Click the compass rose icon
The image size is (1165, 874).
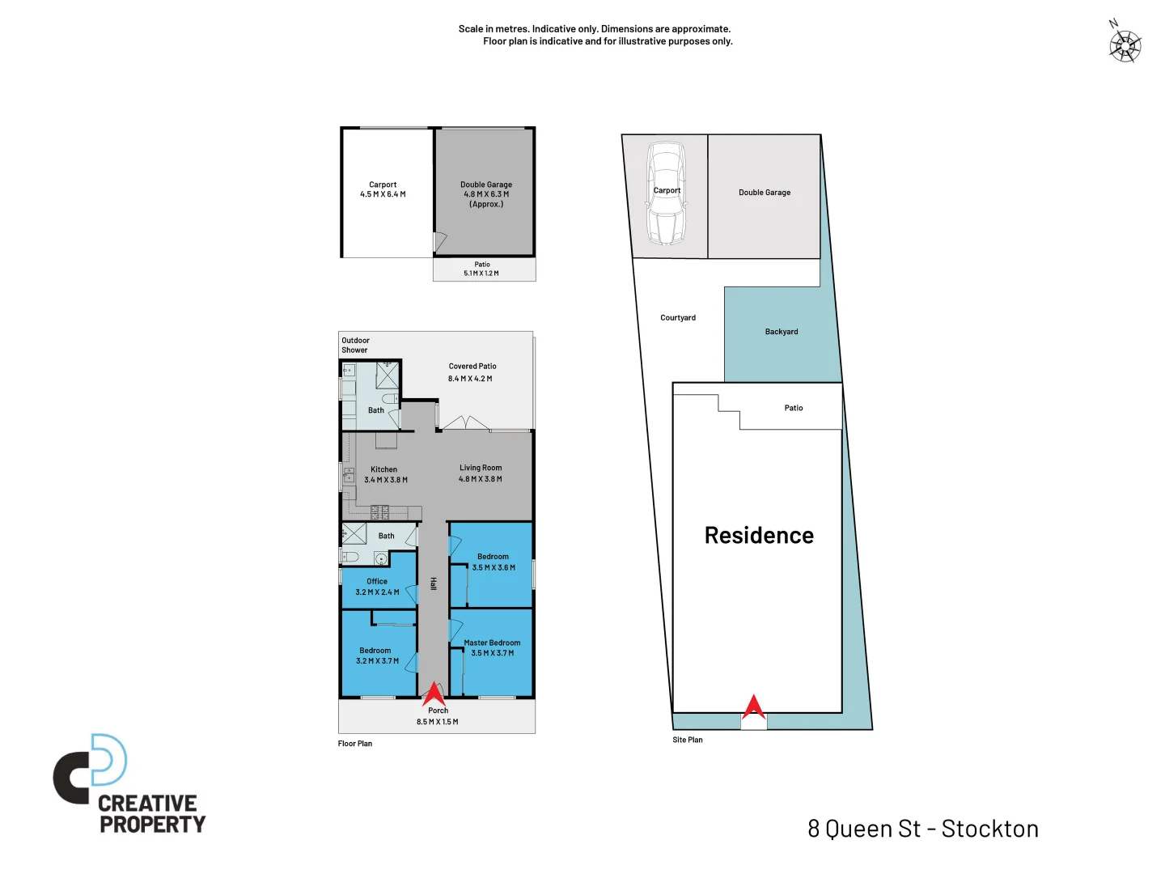click(1125, 45)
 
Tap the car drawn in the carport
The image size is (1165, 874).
click(666, 193)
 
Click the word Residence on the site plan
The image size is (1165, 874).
click(759, 536)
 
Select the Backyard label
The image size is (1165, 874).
click(782, 332)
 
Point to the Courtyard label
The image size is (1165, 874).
click(678, 318)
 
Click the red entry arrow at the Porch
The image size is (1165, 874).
click(434, 694)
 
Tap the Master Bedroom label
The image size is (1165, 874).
click(492, 643)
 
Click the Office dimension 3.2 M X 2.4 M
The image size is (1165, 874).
click(377, 592)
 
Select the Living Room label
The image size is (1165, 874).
click(481, 468)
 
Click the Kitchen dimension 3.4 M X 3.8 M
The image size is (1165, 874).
click(386, 480)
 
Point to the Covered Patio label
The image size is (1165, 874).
click(472, 367)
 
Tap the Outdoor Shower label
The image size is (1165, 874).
click(355, 346)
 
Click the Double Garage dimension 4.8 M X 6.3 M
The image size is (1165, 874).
click(486, 194)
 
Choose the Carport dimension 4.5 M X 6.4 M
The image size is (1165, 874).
click(383, 194)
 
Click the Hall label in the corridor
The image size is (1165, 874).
click(434, 583)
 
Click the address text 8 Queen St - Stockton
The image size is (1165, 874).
click(923, 829)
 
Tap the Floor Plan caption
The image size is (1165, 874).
click(355, 744)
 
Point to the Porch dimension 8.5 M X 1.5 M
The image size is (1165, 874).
click(438, 722)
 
